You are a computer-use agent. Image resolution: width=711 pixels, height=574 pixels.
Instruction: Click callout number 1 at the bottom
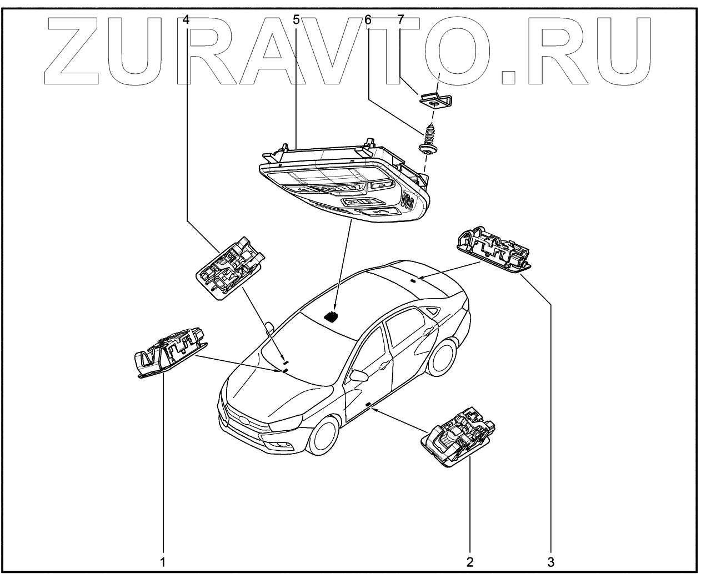[x=163, y=562]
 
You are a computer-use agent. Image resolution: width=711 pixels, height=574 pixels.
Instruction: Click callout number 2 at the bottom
[x=470, y=562]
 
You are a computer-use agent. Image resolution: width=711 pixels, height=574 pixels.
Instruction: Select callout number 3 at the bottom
[x=550, y=562]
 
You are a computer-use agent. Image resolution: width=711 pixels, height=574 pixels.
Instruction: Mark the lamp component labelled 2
[x=459, y=437]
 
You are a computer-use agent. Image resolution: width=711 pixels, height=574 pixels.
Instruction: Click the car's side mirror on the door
[x=358, y=375]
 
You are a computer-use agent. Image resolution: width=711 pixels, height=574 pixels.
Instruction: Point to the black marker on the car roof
[x=332, y=316]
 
